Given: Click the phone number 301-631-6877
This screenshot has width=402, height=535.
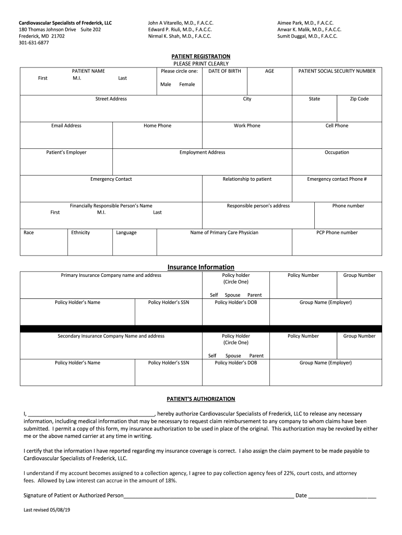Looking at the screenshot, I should pyautogui.click(x=34, y=43).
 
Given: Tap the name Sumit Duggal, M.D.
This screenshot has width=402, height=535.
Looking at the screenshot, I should pyautogui.click(x=307, y=36).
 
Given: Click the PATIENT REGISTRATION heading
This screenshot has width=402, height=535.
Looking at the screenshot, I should pyautogui.click(x=201, y=56).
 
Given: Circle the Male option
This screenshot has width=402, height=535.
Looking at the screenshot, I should pyautogui.click(x=165, y=84).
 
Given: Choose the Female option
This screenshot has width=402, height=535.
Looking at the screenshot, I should pyautogui.click(x=187, y=84).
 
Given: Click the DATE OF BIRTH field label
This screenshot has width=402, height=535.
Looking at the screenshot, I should pyautogui.click(x=224, y=71).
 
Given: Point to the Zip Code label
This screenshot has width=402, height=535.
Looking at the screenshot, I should pyautogui.click(x=359, y=99).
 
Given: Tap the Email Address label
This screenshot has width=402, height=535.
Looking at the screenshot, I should pyautogui.click(x=66, y=125).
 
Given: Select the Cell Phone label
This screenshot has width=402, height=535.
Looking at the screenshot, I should pyautogui.click(x=337, y=125).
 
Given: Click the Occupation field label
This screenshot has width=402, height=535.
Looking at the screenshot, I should pyautogui.click(x=337, y=153).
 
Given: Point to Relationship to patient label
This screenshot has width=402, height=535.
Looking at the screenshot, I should pyautogui.click(x=247, y=179).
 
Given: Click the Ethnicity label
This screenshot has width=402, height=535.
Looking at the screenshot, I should pyautogui.click(x=80, y=232).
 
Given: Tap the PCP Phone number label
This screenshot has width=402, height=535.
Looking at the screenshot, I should pyautogui.click(x=337, y=232).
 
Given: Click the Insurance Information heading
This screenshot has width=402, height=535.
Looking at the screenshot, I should pyautogui.click(x=201, y=267).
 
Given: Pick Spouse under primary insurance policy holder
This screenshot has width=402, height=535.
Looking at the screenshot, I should pyautogui.click(x=232, y=295).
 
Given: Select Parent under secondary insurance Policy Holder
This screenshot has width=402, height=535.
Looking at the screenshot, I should pyautogui.click(x=256, y=356).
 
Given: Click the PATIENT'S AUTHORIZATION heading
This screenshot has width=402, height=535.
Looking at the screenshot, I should pyautogui.click(x=201, y=399).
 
